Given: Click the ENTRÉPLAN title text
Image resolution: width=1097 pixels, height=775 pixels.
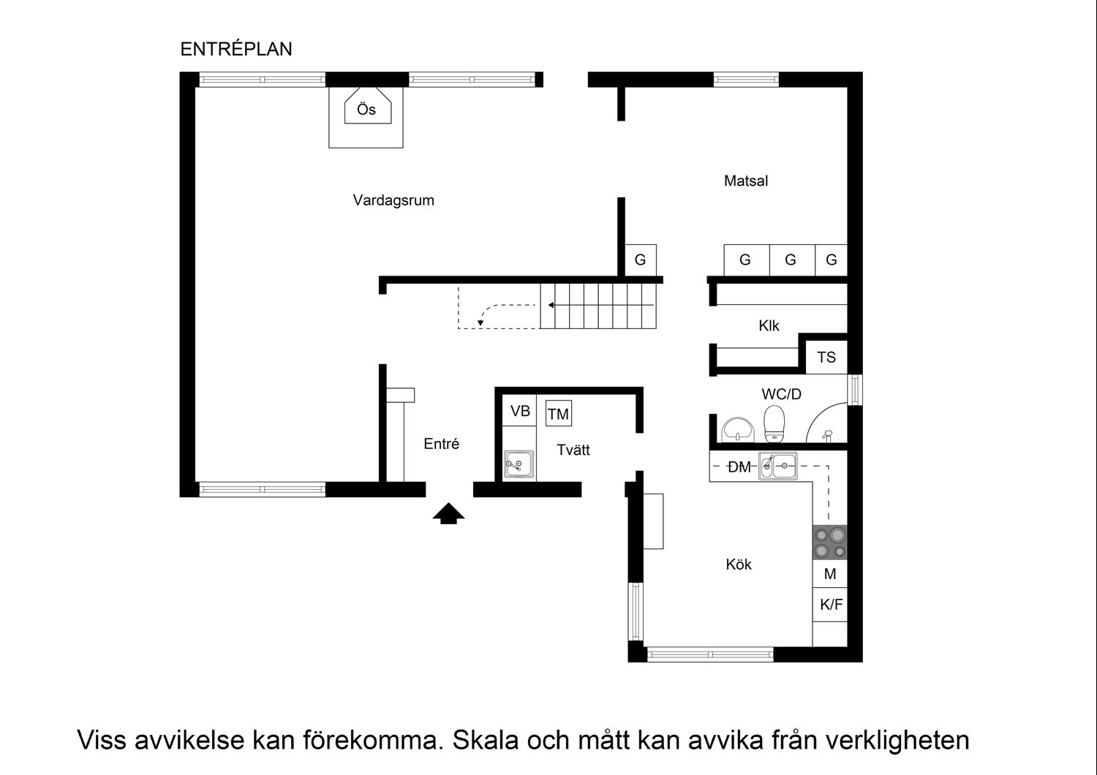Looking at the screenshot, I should pos(236,49).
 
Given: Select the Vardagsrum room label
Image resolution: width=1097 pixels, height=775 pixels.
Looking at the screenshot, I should pos(393,200).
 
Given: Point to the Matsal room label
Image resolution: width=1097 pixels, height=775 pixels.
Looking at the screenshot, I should pos(746,181).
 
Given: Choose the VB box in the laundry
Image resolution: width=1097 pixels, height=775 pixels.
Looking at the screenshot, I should pos(520,411).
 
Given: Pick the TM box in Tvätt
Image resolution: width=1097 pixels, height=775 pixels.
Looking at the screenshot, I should pos(558,414).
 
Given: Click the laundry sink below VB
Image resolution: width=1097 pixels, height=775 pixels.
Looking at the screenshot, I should pos(519,464).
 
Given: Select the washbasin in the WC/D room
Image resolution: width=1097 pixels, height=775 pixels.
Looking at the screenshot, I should pos(737,429).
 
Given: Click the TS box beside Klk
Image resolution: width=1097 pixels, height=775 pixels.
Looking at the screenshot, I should pos(826,358).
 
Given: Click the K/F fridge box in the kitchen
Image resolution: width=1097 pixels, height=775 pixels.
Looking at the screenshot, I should pos(831,605).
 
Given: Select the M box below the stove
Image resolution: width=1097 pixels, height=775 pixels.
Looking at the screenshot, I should pos(830,574).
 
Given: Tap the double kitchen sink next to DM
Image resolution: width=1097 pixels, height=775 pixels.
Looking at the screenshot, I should pos(778,465).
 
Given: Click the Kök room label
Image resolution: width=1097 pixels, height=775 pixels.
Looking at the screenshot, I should pos(739,564).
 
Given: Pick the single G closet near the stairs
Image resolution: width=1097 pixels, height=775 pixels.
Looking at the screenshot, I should pos(641,260).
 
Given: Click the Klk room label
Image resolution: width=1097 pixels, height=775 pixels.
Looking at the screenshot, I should pos(769,326).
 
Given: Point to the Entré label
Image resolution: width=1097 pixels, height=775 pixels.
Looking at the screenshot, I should pos(442,444).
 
